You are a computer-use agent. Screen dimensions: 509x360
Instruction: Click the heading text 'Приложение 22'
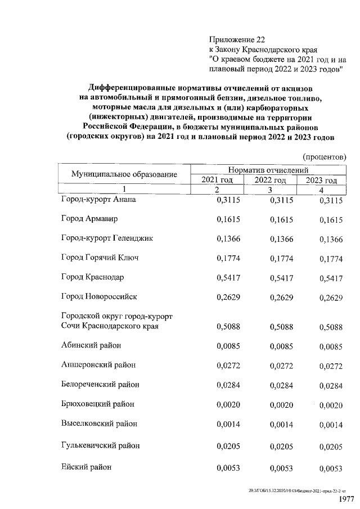coord(236,40)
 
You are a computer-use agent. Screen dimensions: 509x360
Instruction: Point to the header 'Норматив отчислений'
coord(268,169)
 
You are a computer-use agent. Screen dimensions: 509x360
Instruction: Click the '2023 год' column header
coord(321,180)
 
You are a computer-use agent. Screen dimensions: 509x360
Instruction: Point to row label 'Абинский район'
coord(91,345)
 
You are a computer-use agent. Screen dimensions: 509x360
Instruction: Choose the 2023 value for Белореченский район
coord(331,386)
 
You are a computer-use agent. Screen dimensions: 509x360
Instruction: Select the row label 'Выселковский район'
coord(99,424)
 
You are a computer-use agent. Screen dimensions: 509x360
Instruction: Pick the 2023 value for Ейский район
coord(331,468)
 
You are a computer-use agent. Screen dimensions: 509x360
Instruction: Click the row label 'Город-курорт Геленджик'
coord(107,238)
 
